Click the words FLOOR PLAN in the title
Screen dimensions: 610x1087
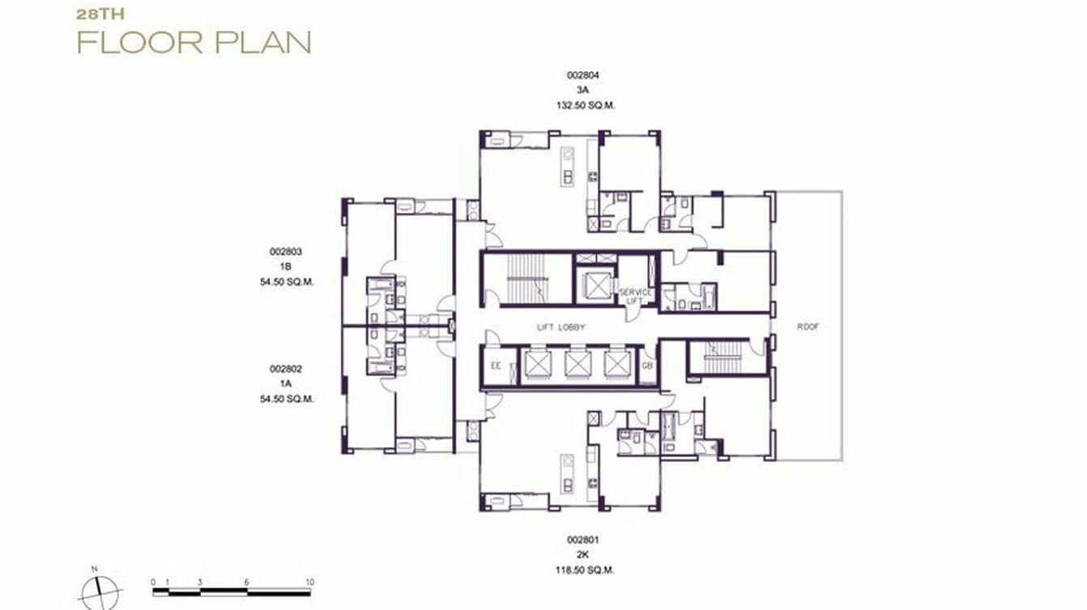(194, 42)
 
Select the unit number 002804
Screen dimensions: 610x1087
(582, 75)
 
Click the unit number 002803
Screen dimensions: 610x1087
(286, 252)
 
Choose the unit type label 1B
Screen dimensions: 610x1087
(286, 267)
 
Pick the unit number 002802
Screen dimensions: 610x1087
(286, 369)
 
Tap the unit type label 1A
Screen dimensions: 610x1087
(286, 383)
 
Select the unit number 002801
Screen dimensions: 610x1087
(582, 539)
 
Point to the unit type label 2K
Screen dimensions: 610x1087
(582, 554)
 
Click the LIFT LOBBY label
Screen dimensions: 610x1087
(561, 328)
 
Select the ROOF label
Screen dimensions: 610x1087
(808, 328)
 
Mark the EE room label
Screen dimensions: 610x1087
(497, 366)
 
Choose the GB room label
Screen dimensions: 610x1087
(647, 366)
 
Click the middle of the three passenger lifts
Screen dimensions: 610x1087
(577, 364)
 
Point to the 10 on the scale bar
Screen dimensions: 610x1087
(309, 582)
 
